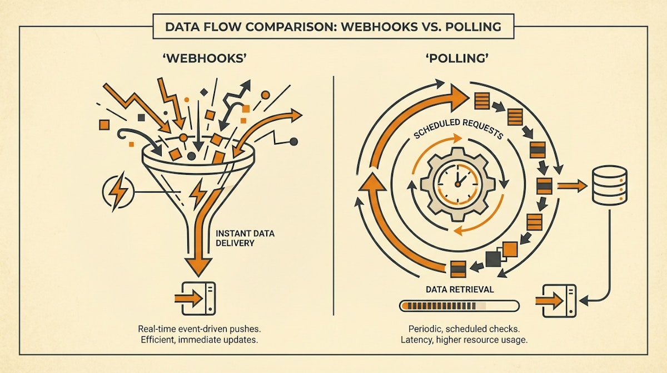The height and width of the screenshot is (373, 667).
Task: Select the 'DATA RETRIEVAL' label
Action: pos(459,290)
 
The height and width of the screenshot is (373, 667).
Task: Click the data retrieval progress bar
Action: pos(459,306)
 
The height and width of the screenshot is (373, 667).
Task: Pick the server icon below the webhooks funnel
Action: pos(195,298)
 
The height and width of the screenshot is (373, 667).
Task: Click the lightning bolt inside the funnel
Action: pos(198,192)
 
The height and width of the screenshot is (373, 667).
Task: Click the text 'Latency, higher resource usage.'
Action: pos(462,340)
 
